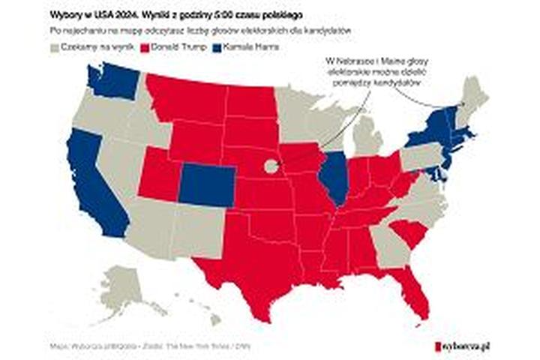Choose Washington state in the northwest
(112, 82)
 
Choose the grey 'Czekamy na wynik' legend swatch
(54, 47)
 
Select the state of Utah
(157, 176)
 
